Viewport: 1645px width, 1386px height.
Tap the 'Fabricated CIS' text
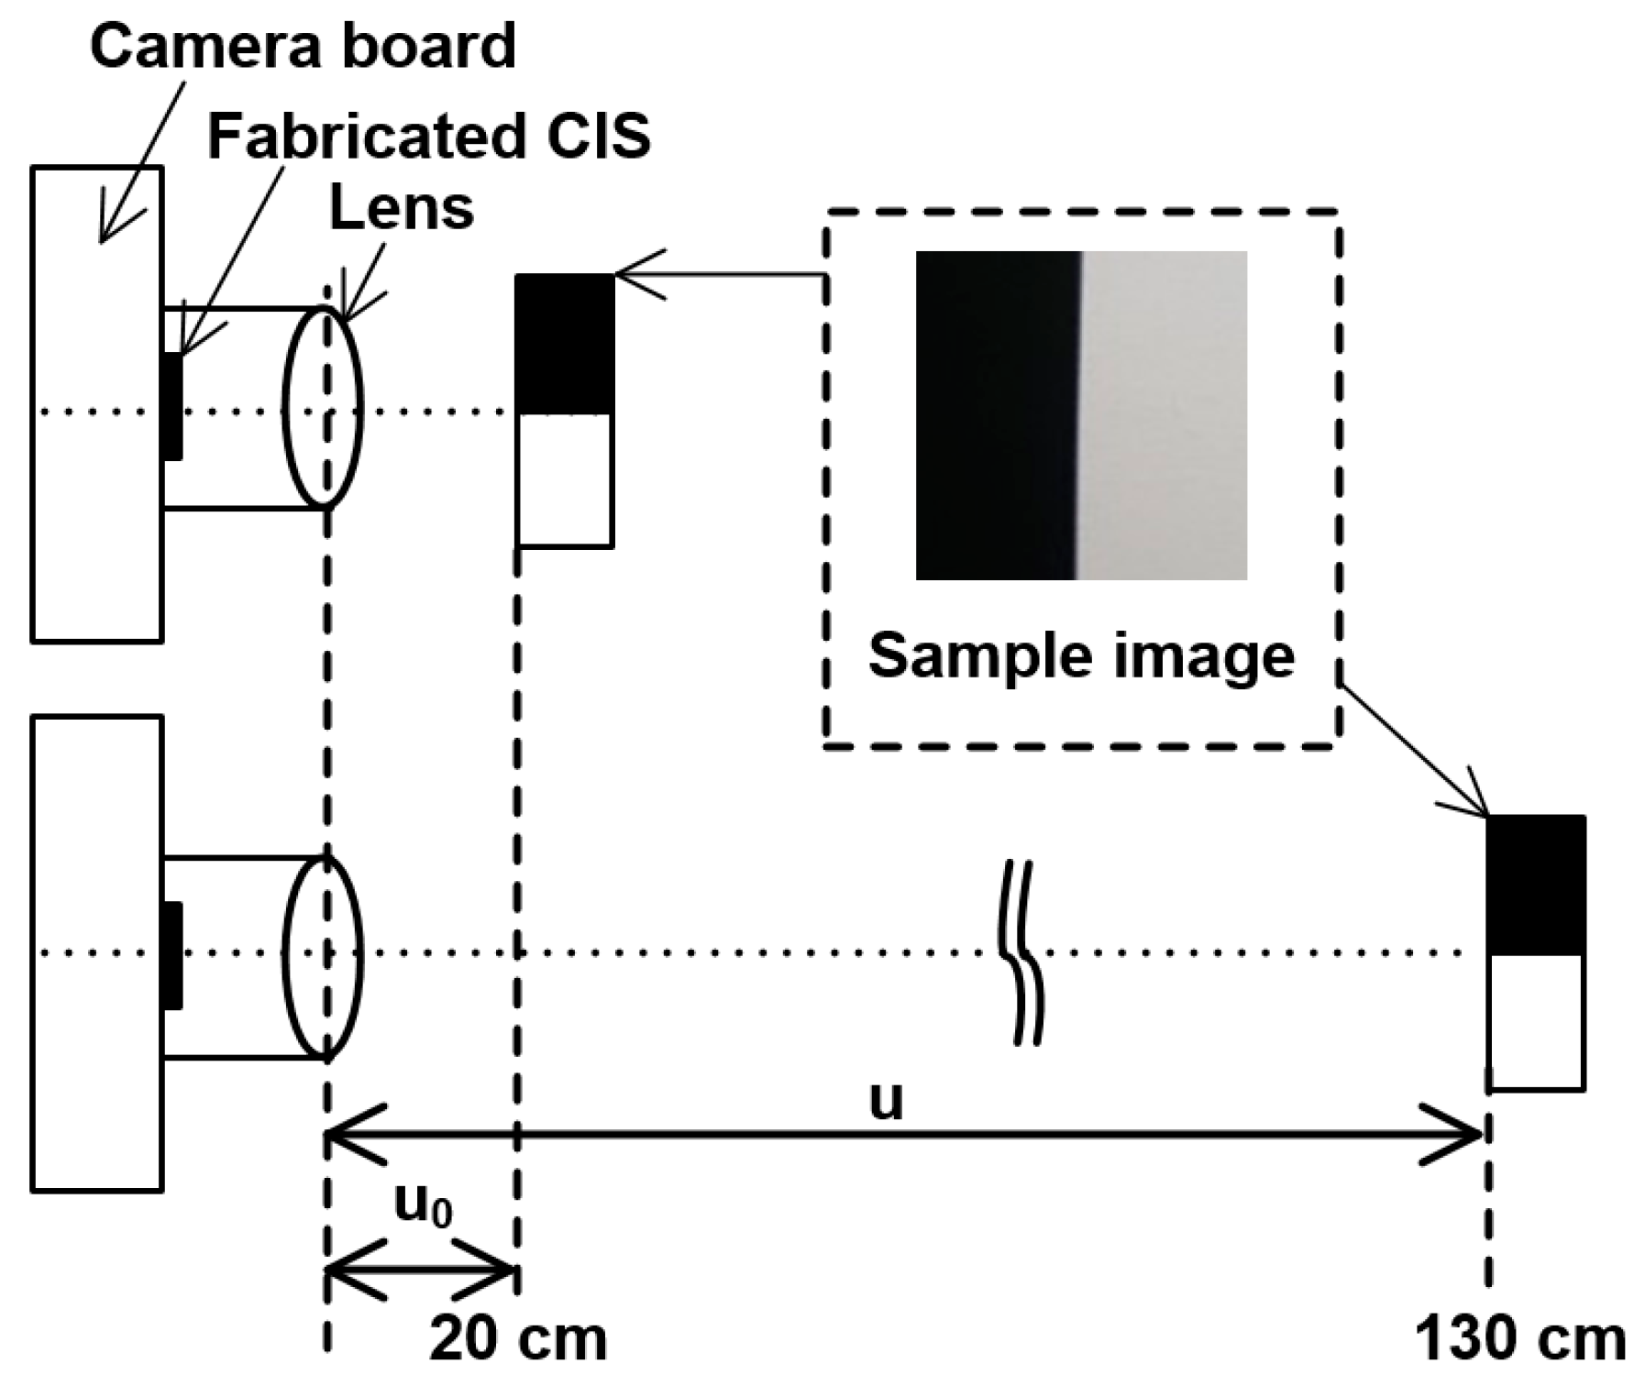tap(429, 137)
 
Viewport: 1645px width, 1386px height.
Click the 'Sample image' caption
tap(1081, 656)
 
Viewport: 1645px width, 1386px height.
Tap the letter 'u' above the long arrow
tap(886, 1100)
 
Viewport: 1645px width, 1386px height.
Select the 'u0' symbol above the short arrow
tap(423, 1204)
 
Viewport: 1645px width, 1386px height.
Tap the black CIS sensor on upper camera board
tap(171, 407)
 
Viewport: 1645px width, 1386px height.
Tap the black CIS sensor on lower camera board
tap(171, 955)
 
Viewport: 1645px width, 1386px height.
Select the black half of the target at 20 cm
tap(564, 344)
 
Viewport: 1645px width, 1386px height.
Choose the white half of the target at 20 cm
tap(564, 479)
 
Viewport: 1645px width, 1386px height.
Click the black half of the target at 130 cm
tap(1535, 885)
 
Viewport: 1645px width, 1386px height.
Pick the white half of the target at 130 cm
tap(1535, 1020)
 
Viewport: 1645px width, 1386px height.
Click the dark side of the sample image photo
tap(995, 414)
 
